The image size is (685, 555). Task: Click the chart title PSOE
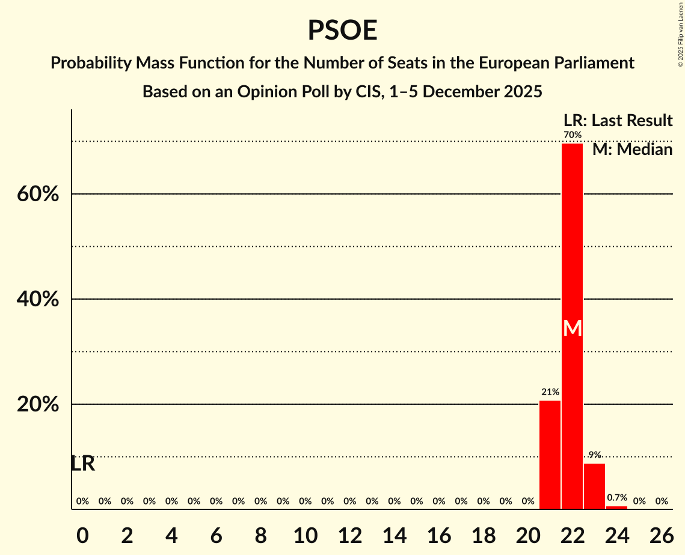[x=342, y=30]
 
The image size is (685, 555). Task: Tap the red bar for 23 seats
[x=594, y=486]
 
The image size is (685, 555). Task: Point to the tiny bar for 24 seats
[x=616, y=508]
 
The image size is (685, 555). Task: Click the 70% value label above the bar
[x=573, y=135]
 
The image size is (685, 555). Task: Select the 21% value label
[x=550, y=392]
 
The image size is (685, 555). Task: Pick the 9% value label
[x=594, y=455]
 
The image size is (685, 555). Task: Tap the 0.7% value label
[x=616, y=498]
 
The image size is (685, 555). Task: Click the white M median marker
[x=573, y=329]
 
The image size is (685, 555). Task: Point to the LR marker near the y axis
[x=82, y=464]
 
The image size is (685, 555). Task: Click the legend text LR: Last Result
[x=618, y=121]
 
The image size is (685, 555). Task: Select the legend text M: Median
[x=632, y=150]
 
